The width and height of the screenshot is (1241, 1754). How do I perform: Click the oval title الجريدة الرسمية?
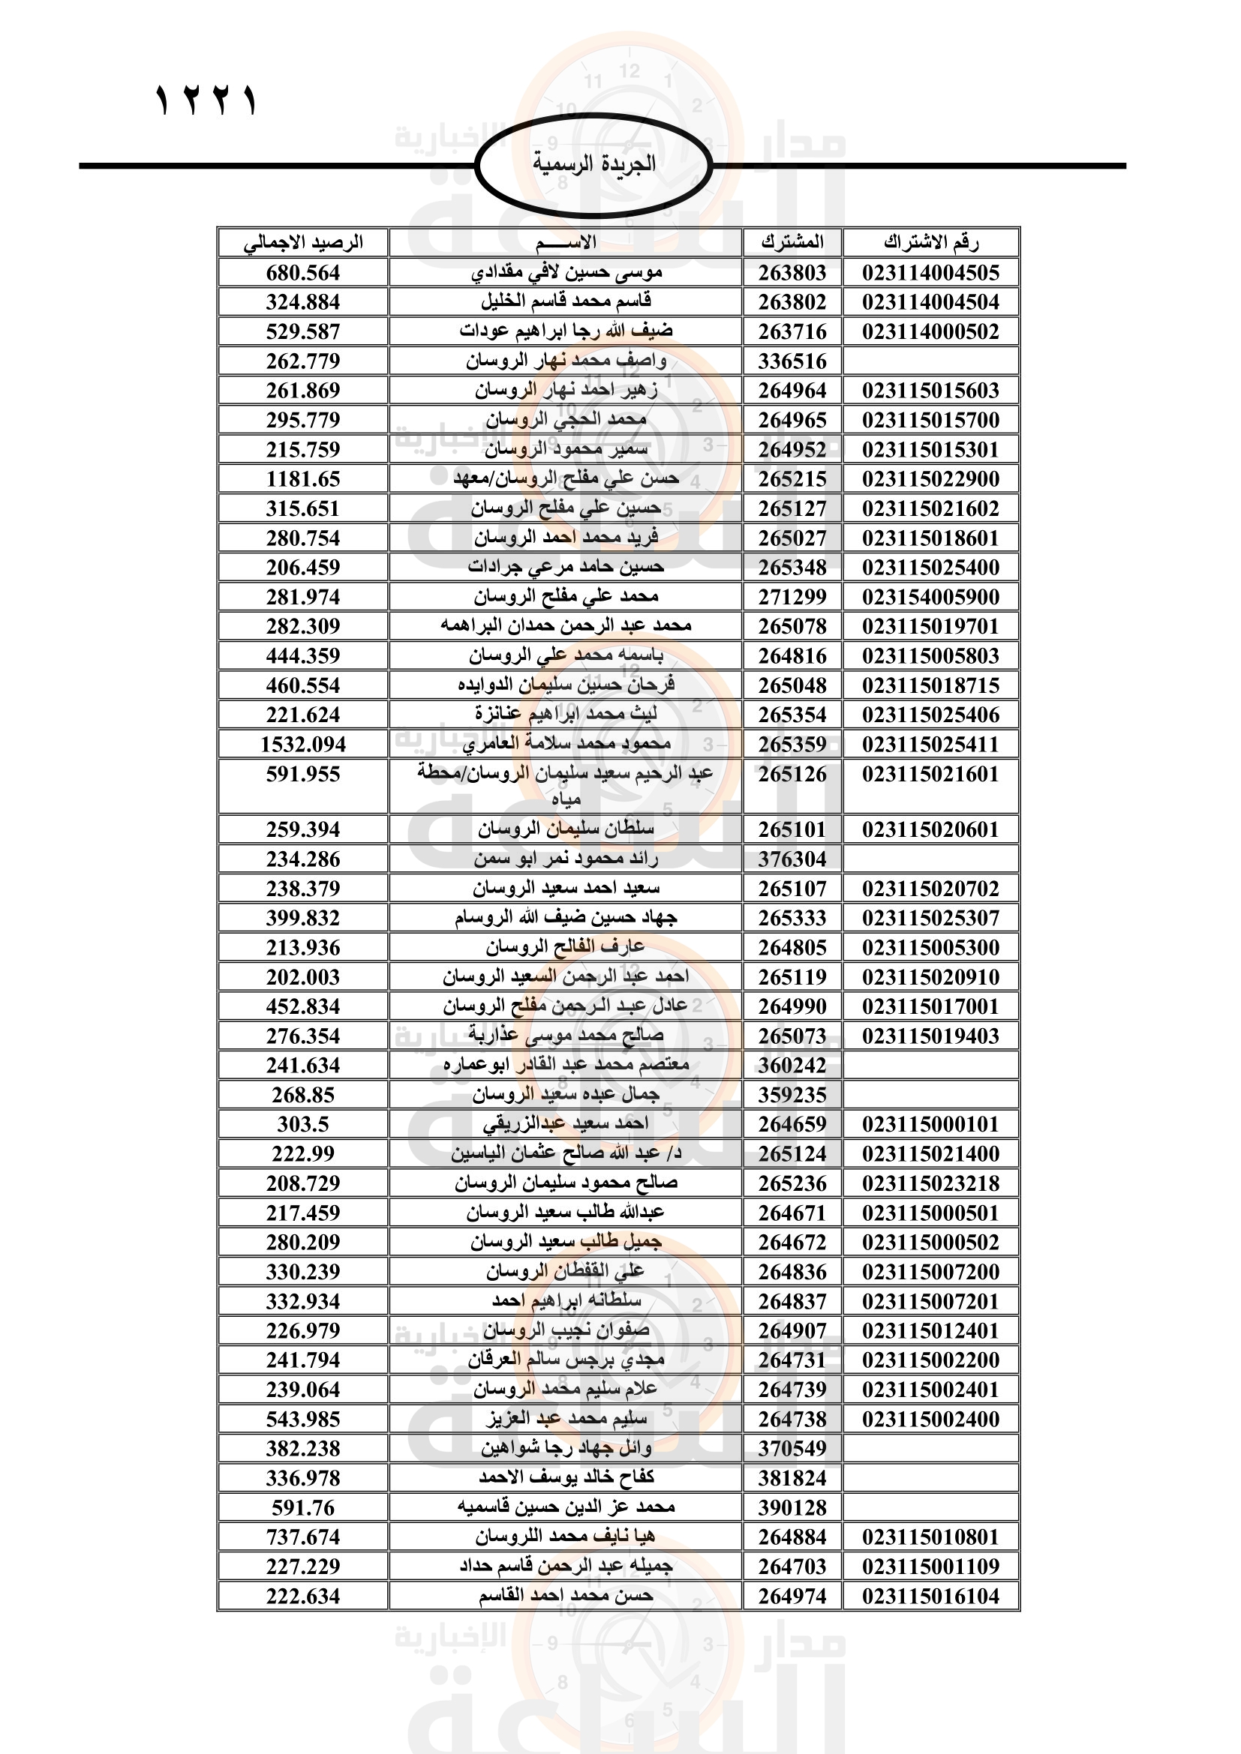pyautogui.click(x=593, y=164)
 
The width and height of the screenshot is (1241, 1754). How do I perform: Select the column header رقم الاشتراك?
pyautogui.click(x=930, y=243)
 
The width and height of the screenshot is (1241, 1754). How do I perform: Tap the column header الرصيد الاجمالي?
pyautogui.click(x=302, y=243)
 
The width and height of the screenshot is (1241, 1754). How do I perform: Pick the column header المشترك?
pyautogui.click(x=792, y=243)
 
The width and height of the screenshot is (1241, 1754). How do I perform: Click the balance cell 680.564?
pyautogui.click(x=302, y=273)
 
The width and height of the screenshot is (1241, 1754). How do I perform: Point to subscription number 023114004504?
pyautogui.click(x=930, y=302)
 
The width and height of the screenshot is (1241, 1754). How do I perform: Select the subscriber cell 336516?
pyautogui.click(x=792, y=361)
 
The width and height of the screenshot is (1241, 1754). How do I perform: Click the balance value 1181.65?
pyautogui.click(x=302, y=479)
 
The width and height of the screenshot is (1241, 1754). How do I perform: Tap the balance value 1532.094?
pyautogui.click(x=302, y=744)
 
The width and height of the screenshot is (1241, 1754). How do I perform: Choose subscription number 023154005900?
pyautogui.click(x=930, y=597)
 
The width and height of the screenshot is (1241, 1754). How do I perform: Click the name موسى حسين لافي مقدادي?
pyautogui.click(x=566, y=272)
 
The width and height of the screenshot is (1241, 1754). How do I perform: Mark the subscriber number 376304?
pyautogui.click(x=792, y=859)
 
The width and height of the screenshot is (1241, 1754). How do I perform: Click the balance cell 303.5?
pyautogui.click(x=302, y=1125)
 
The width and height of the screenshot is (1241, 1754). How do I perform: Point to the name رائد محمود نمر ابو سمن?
pyautogui.click(x=566, y=859)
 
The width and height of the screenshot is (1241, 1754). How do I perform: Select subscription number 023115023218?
pyautogui.click(x=930, y=1183)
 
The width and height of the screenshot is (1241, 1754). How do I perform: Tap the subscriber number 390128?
pyautogui.click(x=792, y=1508)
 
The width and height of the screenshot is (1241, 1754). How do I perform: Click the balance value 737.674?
pyautogui.click(x=302, y=1537)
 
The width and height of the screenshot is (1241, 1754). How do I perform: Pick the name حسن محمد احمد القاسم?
pyautogui.click(x=566, y=1595)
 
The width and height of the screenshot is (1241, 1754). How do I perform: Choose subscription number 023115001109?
pyautogui.click(x=930, y=1567)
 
